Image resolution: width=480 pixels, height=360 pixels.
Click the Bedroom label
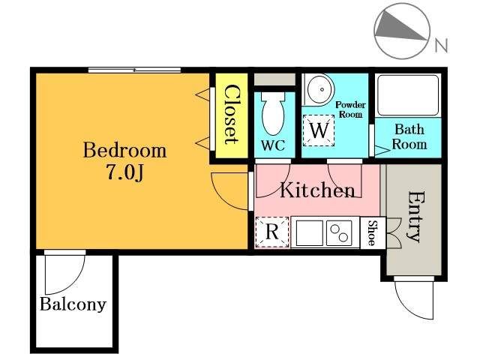pos(125,150)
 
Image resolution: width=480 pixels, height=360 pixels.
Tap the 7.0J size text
pos(125,173)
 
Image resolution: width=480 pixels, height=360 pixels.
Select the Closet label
pos(232,115)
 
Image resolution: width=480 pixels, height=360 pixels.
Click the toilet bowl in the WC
pos(273,113)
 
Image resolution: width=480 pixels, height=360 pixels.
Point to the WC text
pos(273,145)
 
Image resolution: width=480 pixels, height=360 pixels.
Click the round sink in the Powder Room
pos(320,89)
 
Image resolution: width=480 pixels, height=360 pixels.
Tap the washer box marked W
pos(319,130)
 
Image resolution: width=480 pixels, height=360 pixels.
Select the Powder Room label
pos(350,109)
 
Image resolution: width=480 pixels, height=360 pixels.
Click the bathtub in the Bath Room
pos(408,95)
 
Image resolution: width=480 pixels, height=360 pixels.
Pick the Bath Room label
pos(409,136)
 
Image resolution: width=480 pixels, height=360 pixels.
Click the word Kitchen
pos(318,190)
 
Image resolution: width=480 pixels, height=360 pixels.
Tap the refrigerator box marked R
pos(272,232)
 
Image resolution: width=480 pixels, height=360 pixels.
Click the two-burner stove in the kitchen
pos(338,233)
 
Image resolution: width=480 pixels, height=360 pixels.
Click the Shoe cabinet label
pos(372,232)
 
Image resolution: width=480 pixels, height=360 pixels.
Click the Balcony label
pos(73,304)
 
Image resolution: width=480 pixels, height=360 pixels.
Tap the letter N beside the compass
pos(442,45)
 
